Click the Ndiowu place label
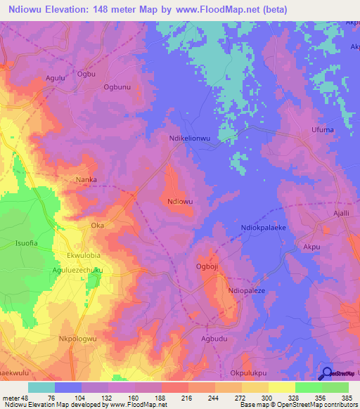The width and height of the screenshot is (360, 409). (180, 201)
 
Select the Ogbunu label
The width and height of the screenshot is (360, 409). (117, 87)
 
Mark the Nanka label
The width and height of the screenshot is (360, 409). (86, 179)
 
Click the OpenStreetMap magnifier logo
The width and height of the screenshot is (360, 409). (327, 374)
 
